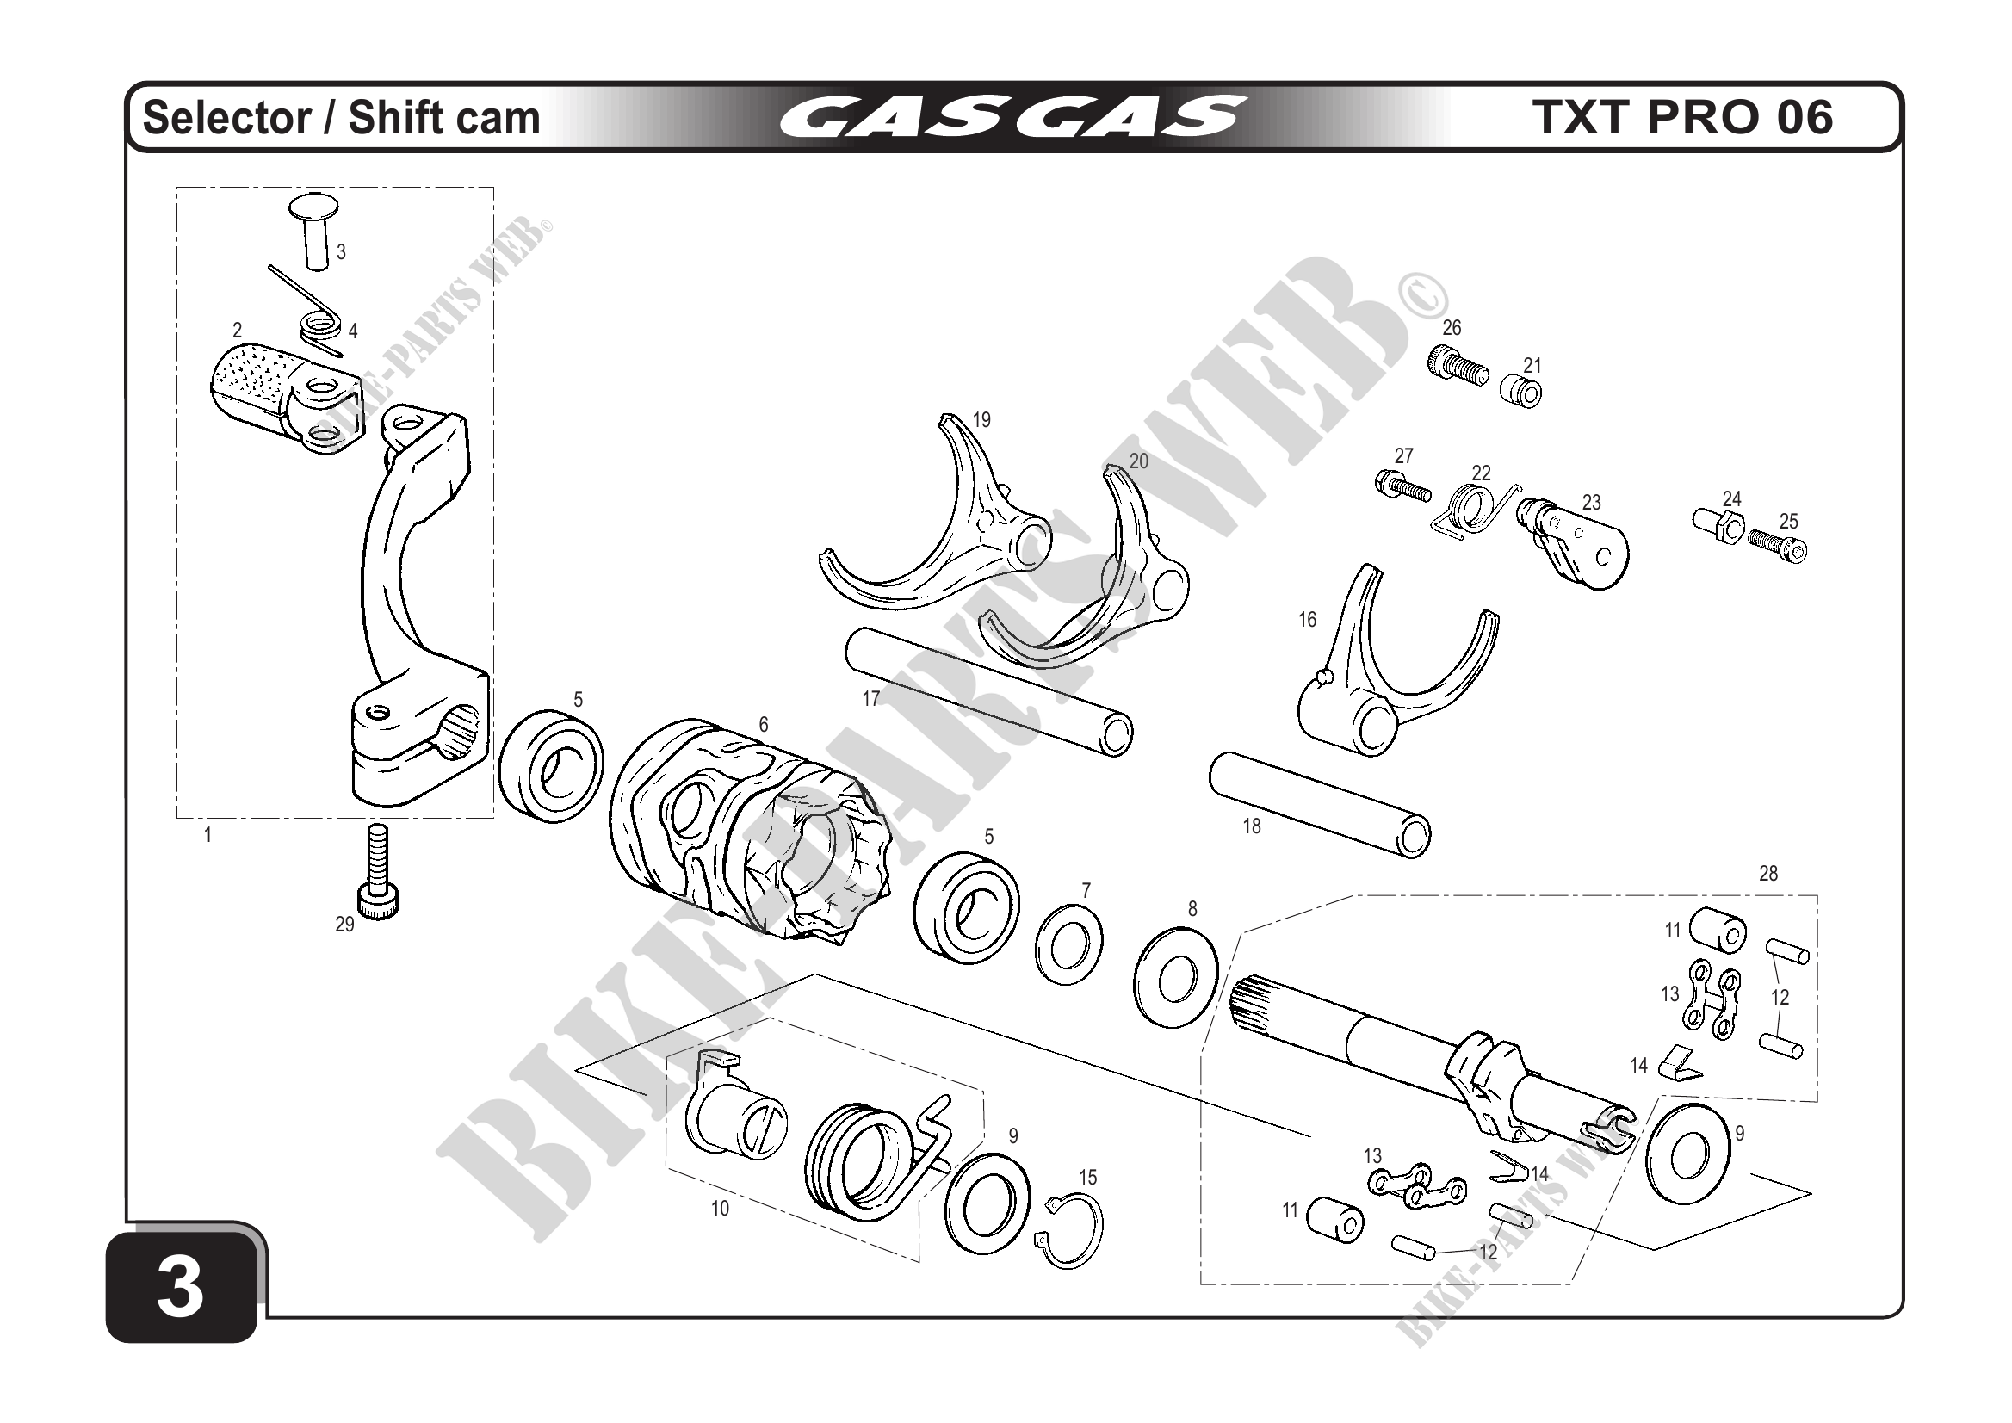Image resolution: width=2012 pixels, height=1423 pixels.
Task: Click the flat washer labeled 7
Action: point(1069,947)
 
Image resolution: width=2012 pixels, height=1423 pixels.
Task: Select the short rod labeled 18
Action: point(1320,802)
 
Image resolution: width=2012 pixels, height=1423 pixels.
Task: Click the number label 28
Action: point(1767,874)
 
